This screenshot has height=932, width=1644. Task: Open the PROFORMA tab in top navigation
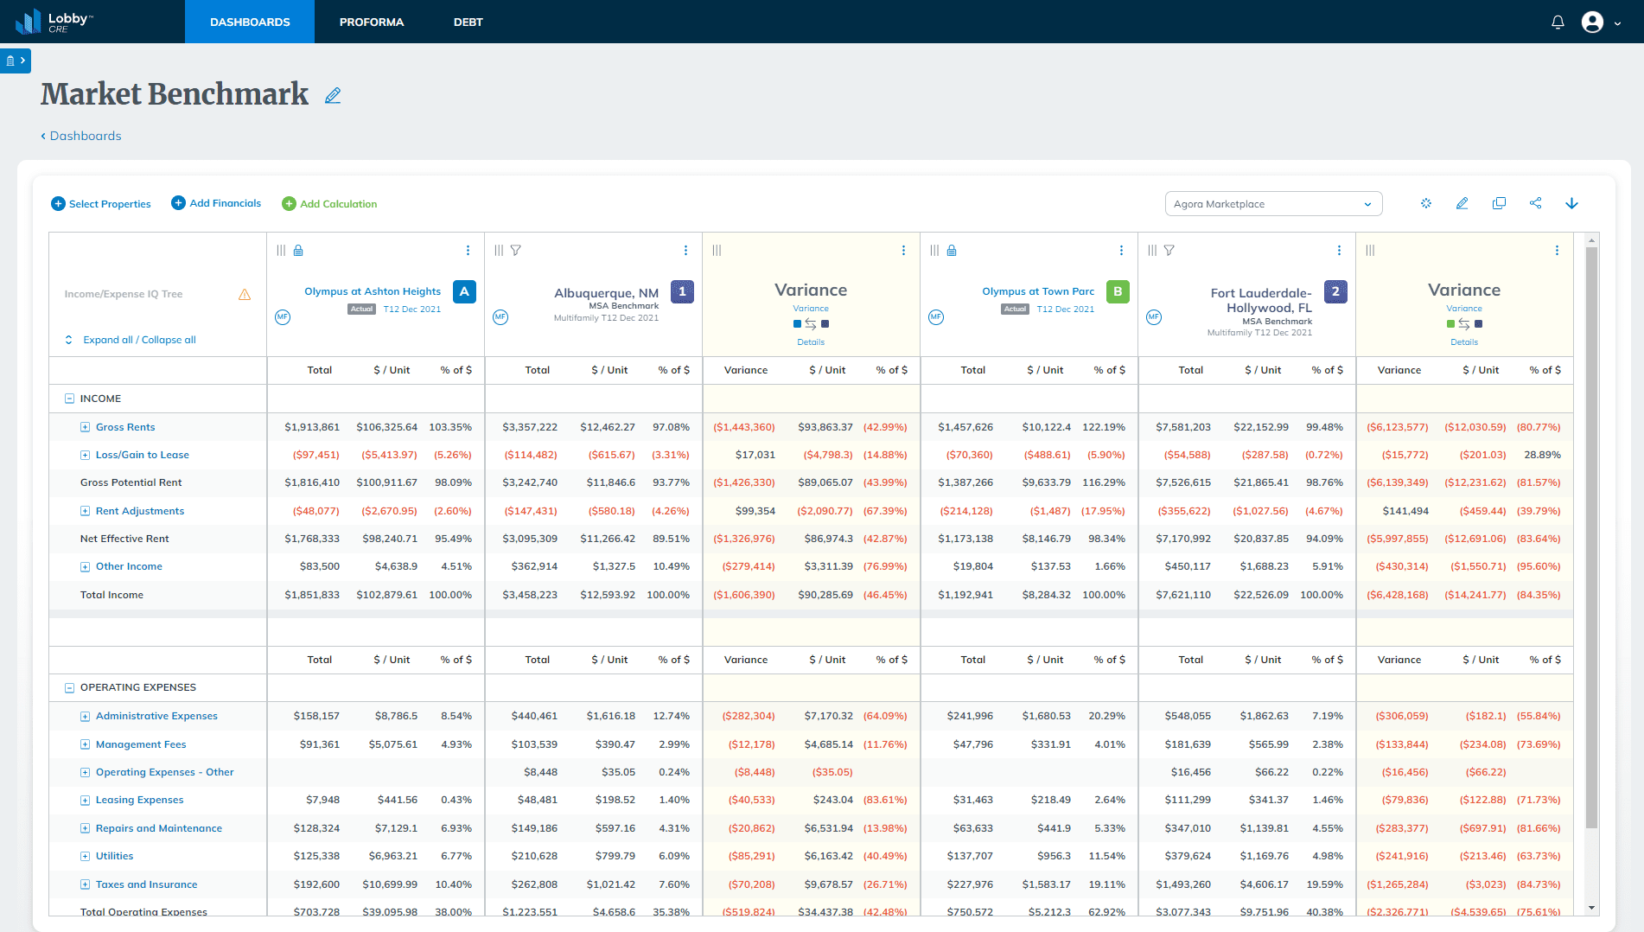pos(371,22)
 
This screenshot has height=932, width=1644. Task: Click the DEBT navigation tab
pos(468,22)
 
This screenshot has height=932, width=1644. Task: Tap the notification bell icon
pos(1558,22)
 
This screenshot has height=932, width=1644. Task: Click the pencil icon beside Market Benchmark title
pos(333,96)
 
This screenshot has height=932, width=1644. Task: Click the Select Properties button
pos(101,204)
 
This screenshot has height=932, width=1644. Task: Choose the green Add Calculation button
pos(329,204)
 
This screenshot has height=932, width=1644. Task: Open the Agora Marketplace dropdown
pos(1272,204)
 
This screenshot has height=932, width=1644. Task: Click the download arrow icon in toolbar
pos(1571,203)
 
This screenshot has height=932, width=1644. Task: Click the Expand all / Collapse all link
pos(139,340)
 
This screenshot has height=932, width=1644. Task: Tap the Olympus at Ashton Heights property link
pos(373,291)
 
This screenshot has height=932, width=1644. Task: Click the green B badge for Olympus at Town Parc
pos(1118,291)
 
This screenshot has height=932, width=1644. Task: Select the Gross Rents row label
pos(125,427)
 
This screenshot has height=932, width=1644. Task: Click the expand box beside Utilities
pos(85,856)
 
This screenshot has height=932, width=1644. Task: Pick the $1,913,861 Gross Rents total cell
pos(312,427)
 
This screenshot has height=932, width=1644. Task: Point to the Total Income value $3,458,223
pos(530,595)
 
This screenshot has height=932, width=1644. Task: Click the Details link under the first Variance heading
pos(810,342)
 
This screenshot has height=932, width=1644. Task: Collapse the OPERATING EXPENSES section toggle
pos(69,688)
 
